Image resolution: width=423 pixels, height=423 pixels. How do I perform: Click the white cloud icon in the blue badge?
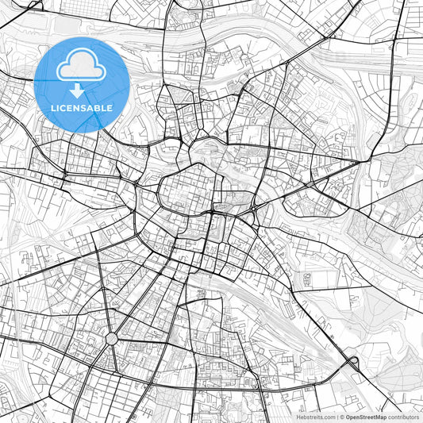coord(83,67)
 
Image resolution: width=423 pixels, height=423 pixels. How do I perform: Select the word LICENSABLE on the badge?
coord(83,107)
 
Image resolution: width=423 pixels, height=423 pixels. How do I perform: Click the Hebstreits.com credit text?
coord(316,416)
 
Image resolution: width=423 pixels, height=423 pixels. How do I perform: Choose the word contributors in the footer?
coord(403,416)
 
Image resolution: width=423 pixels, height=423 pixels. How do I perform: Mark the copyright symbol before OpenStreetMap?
coord(342,416)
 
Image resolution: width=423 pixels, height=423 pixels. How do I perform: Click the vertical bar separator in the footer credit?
coord(337,416)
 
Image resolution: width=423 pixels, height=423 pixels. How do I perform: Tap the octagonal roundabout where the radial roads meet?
coord(110,339)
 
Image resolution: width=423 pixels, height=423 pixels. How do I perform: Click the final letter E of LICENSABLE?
coord(110,107)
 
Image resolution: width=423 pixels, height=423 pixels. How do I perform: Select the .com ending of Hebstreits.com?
coord(329,416)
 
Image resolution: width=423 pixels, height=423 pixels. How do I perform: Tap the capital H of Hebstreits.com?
coord(298,416)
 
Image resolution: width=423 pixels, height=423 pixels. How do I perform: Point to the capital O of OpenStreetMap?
coord(348,416)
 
